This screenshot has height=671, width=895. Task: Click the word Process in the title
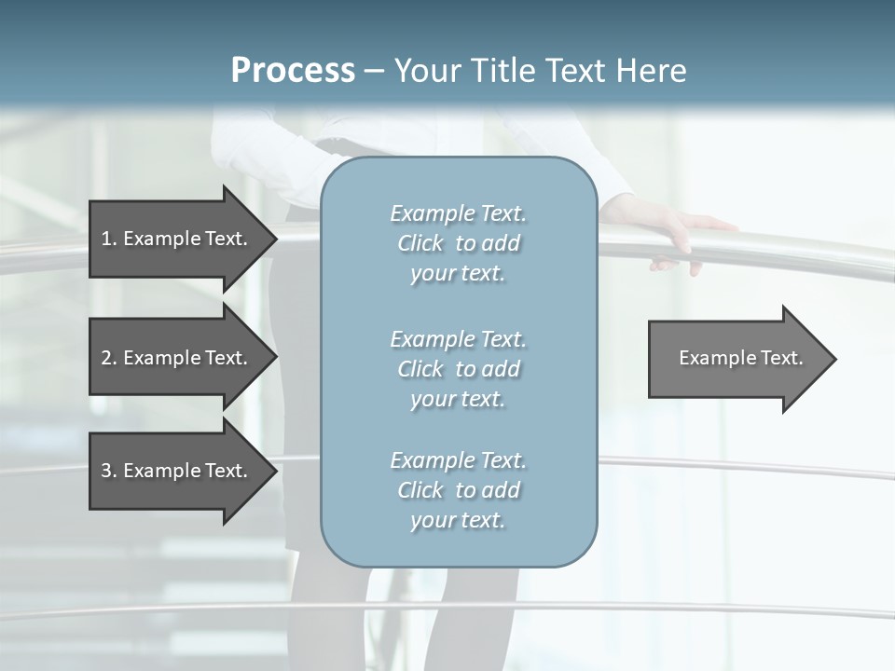pyautogui.click(x=293, y=71)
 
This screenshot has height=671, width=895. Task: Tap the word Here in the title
pyautogui.click(x=652, y=71)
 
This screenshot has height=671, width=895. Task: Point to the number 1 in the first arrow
pyautogui.click(x=106, y=239)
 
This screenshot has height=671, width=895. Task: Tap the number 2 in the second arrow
pyautogui.click(x=106, y=358)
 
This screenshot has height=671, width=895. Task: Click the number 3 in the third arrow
pyautogui.click(x=106, y=471)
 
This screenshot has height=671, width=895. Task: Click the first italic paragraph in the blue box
pyautogui.click(x=458, y=243)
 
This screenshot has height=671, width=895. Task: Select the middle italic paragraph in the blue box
pyautogui.click(x=458, y=369)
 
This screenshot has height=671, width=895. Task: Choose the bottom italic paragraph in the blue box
pyautogui.click(x=458, y=490)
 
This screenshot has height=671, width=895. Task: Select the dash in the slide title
pyautogui.click(x=375, y=71)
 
